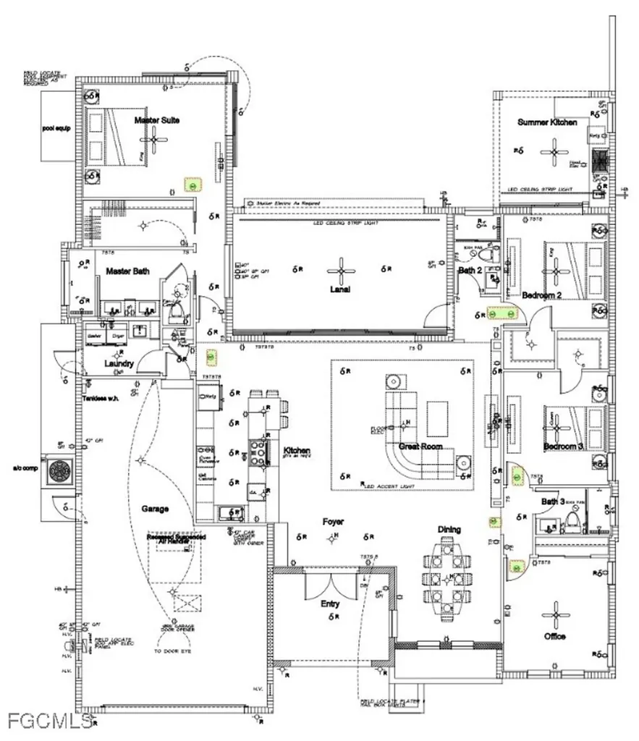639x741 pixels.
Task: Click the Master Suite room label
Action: pos(157,120)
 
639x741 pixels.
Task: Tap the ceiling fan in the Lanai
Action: pos(339,270)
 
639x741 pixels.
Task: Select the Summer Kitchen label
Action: pos(547,122)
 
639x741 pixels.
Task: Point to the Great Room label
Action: pos(421,446)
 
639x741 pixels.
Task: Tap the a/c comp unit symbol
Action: pos(58,471)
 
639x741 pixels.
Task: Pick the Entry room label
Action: pos(330,604)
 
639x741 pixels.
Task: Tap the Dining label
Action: pos(449,530)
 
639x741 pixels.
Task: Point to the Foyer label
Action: pos(334,521)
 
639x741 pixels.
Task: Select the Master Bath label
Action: pos(127,271)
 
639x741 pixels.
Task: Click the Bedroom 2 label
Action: pos(542,295)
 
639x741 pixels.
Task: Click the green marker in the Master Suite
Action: pos(192,184)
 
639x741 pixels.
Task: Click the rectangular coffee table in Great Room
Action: pos(436,418)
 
